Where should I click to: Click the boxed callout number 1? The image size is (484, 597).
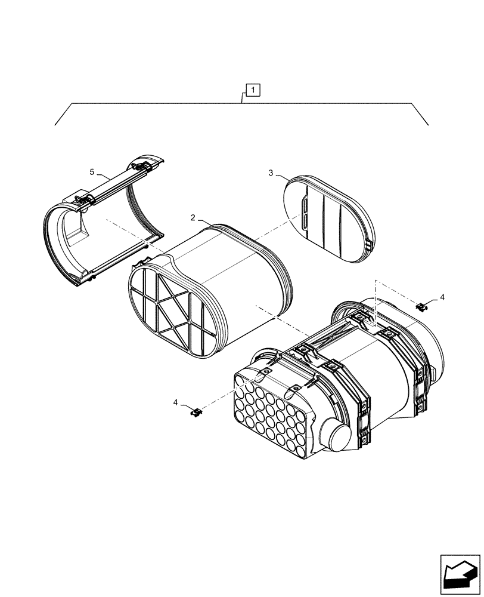[253, 91]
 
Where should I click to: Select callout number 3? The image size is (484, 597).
[271, 173]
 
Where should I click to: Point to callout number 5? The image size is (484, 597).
[92, 172]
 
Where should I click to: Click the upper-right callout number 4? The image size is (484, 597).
[442, 297]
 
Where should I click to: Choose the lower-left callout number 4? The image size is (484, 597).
[176, 403]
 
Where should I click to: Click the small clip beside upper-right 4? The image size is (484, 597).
[422, 306]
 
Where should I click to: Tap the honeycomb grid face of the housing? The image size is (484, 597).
[271, 418]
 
